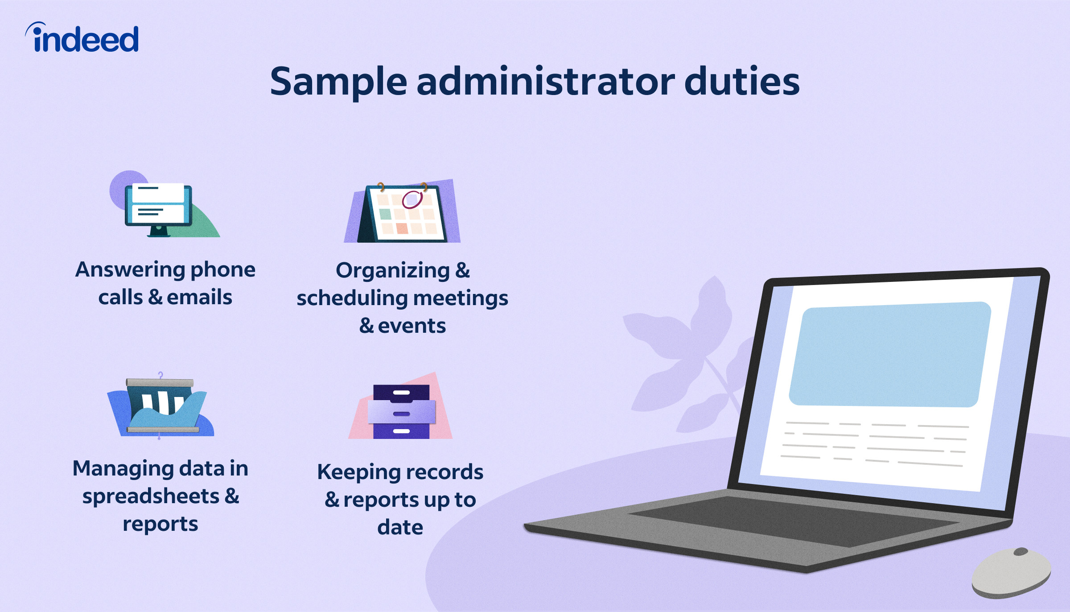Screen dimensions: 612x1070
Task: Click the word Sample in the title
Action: pyautogui.click(x=338, y=82)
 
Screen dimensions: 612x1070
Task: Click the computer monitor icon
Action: pyautogui.click(x=158, y=207)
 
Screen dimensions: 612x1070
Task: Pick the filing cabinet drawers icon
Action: pyautogui.click(x=401, y=411)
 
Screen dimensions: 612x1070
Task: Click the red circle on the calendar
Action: pyautogui.click(x=412, y=199)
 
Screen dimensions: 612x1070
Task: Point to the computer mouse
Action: pyautogui.click(x=1011, y=572)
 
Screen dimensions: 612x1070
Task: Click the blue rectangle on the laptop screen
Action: pyautogui.click(x=890, y=355)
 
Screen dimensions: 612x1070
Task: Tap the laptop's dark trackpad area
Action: pyautogui.click(x=794, y=520)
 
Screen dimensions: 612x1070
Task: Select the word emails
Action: pyautogui.click(x=199, y=298)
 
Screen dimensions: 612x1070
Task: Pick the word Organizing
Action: pyautogui.click(x=393, y=271)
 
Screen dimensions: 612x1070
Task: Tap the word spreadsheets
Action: pyautogui.click(x=151, y=496)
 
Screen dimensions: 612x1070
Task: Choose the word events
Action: pyautogui.click(x=412, y=326)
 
